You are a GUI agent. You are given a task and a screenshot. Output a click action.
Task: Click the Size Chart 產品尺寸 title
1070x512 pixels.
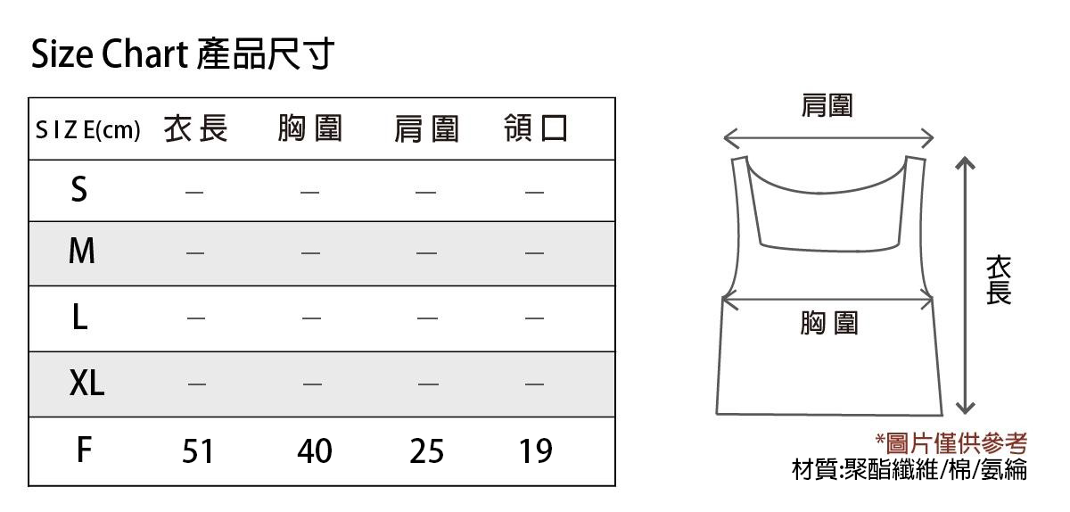click(182, 54)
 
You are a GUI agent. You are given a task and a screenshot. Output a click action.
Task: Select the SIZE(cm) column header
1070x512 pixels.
click(88, 129)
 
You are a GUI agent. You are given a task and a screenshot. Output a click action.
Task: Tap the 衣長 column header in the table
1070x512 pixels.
click(195, 128)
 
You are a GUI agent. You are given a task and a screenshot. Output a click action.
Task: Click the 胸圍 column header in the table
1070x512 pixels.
click(310, 128)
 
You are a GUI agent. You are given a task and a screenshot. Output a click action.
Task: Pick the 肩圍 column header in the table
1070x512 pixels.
click(426, 129)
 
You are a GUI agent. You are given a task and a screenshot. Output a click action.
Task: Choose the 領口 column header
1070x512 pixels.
click(536, 128)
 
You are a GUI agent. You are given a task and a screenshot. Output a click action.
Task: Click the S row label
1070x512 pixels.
click(79, 189)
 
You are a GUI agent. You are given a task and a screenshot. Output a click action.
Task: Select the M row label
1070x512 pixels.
click(82, 251)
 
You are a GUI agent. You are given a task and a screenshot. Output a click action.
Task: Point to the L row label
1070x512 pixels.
click(80, 317)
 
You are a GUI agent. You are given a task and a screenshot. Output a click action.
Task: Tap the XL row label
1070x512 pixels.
click(87, 383)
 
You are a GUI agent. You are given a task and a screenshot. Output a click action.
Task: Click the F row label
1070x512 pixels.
click(84, 450)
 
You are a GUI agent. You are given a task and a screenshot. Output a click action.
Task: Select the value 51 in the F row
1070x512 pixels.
click(197, 450)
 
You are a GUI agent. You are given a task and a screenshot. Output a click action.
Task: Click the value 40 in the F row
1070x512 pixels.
click(314, 450)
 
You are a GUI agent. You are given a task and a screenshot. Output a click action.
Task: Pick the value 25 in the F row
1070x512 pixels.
click(426, 450)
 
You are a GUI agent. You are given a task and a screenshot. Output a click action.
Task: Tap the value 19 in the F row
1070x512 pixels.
click(536, 450)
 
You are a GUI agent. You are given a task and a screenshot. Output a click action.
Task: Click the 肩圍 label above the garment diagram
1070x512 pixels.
click(827, 105)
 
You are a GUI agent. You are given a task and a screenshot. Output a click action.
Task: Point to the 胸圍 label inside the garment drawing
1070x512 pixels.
click(829, 323)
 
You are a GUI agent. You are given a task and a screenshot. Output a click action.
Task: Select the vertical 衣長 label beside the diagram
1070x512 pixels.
click(999, 280)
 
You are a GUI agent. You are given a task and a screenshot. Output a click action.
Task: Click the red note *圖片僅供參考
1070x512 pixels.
click(951, 443)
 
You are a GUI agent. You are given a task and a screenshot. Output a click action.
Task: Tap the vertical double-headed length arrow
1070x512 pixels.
click(966, 285)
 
